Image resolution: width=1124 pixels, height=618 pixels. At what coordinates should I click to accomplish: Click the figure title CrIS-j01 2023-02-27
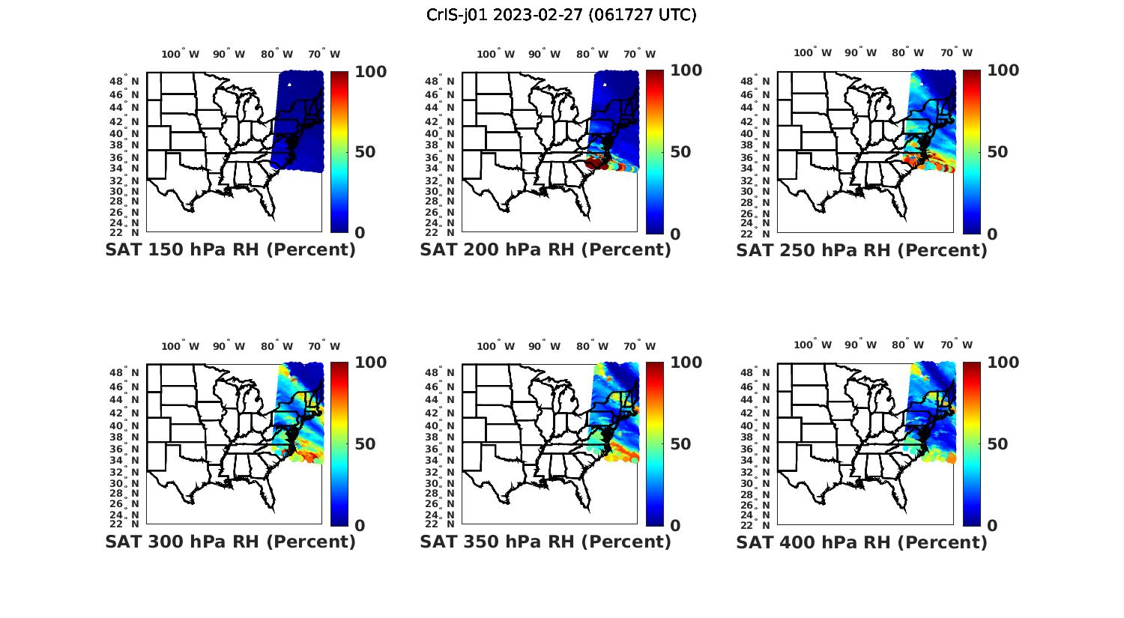[x=561, y=15]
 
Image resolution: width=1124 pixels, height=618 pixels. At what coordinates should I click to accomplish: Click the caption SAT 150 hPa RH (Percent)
[x=231, y=250]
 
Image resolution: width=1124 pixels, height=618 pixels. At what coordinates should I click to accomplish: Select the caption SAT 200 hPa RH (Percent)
[x=546, y=250]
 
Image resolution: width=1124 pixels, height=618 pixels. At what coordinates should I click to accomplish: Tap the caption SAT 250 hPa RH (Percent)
[x=862, y=250]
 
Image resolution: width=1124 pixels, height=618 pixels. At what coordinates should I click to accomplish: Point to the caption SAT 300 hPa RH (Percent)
[x=231, y=542]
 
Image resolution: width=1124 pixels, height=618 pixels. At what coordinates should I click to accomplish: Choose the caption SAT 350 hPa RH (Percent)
[x=546, y=542]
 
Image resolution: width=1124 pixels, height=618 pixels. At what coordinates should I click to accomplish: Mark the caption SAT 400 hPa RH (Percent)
[x=862, y=542]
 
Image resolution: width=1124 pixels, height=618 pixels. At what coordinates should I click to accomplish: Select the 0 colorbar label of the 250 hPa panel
[x=992, y=234]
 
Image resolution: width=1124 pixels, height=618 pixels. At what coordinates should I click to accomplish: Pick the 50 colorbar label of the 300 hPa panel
[x=364, y=444]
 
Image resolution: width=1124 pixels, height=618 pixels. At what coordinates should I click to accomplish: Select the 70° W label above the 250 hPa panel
[x=957, y=52]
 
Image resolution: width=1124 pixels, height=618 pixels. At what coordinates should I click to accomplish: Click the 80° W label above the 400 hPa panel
[x=907, y=345]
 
